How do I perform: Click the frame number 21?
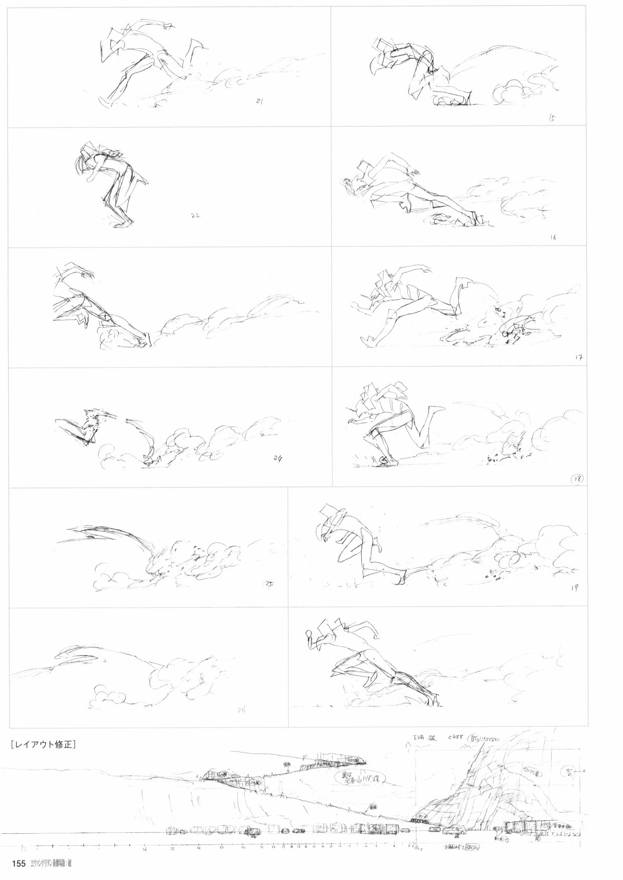tap(260, 101)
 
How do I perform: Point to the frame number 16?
tap(553, 237)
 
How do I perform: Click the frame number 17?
tap(578, 357)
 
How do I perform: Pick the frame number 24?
tap(278, 457)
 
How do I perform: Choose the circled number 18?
tap(577, 478)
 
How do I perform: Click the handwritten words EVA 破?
tap(421, 739)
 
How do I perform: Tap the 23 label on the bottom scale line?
tap(222, 848)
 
